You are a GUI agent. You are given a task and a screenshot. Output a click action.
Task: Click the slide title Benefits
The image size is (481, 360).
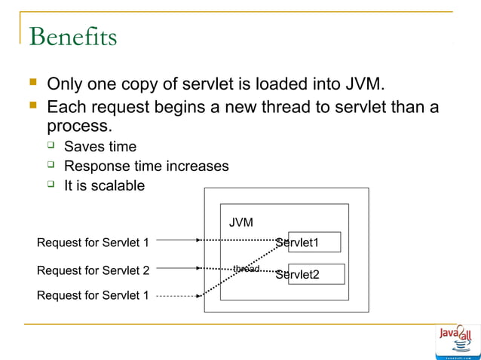point(72,35)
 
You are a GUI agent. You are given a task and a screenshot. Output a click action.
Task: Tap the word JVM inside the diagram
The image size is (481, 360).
point(241,223)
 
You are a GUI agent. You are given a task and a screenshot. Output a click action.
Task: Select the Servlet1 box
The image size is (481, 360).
point(314,242)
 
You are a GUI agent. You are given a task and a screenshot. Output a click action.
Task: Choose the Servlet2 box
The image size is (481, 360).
point(316,274)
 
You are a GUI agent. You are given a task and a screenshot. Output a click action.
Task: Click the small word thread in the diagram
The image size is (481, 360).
point(246,269)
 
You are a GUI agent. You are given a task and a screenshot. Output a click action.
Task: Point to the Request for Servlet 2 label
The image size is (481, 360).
point(93,270)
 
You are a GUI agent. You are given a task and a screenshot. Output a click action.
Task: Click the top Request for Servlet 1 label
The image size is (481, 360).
point(93,243)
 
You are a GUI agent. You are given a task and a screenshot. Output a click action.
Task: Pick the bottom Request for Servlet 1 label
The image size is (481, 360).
point(93,295)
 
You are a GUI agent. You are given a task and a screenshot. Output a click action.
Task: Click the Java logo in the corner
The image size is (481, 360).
point(457,339)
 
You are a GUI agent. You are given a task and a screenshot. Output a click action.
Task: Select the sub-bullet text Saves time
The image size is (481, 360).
point(100,146)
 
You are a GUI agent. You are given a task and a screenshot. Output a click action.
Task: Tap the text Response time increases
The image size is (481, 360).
point(146,166)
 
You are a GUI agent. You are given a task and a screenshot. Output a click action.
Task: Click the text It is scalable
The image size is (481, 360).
point(104,185)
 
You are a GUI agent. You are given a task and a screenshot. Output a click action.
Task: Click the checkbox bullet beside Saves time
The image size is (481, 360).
point(52,145)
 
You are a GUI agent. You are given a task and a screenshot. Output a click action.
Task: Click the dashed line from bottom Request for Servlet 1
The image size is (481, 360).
point(177,296)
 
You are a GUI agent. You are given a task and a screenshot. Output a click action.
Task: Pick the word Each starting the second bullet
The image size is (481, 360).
point(67,106)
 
